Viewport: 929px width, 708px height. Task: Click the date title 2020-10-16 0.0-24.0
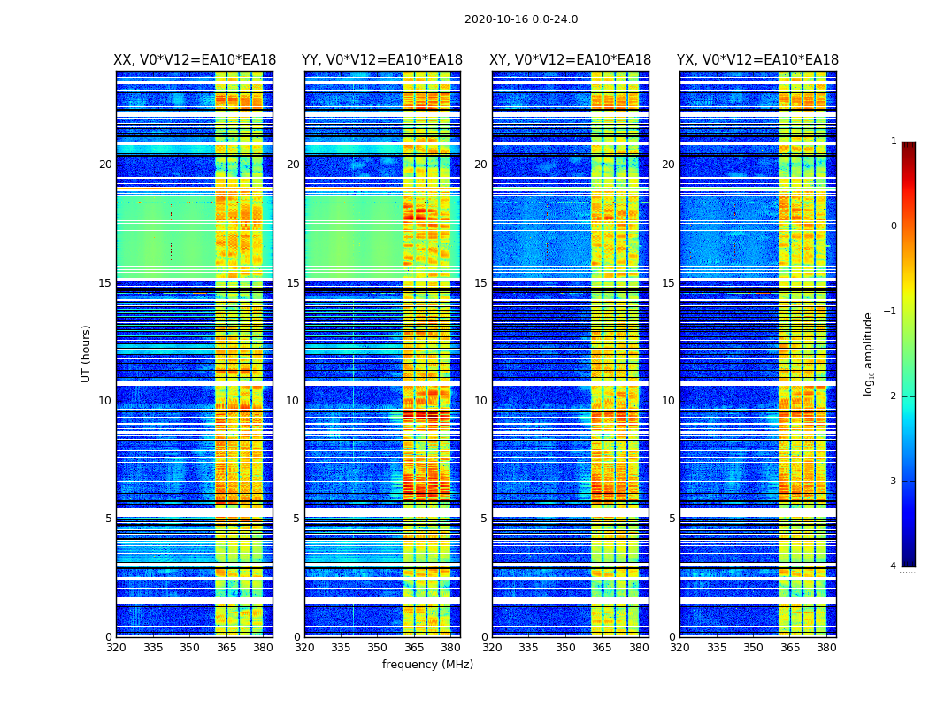[521, 19]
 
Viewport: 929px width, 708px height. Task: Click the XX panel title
[195, 60]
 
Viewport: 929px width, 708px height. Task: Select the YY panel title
[382, 60]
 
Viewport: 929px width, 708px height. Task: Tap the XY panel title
[571, 60]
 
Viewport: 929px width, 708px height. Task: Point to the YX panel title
[758, 60]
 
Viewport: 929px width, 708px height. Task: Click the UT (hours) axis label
[87, 353]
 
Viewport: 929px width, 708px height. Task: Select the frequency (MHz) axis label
[427, 665]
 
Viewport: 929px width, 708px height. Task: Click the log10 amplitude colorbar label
[869, 353]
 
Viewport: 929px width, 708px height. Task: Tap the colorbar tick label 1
[893, 142]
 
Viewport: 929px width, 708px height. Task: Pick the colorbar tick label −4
[891, 566]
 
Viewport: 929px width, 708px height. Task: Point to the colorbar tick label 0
[893, 227]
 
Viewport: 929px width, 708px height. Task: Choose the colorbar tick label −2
[891, 396]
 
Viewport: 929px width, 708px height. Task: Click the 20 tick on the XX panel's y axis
[105, 165]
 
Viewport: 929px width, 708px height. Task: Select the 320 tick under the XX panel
[117, 648]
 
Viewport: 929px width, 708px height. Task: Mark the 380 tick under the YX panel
[826, 648]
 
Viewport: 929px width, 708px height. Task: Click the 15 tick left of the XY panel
[480, 283]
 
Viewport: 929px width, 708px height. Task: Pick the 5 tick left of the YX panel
[672, 519]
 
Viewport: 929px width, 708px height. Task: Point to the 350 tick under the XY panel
[565, 648]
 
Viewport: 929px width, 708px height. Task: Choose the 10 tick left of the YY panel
[293, 401]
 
